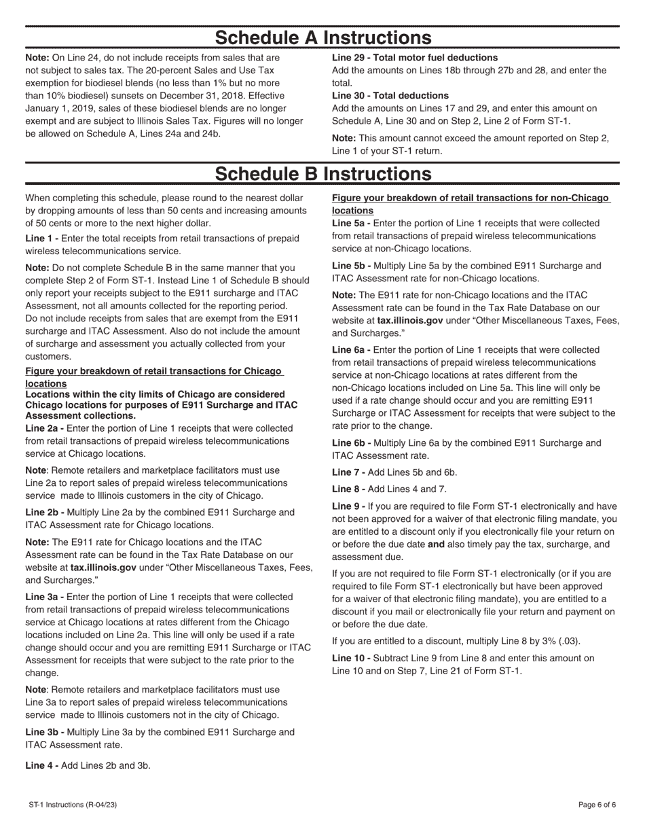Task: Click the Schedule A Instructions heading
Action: coord(322,37)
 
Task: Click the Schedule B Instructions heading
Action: coord(322,174)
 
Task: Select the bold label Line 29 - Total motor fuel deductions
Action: coord(415,58)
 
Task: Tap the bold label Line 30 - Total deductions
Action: coord(390,95)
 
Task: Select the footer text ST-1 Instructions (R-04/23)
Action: coord(73,805)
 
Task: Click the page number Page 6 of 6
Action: coord(597,805)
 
